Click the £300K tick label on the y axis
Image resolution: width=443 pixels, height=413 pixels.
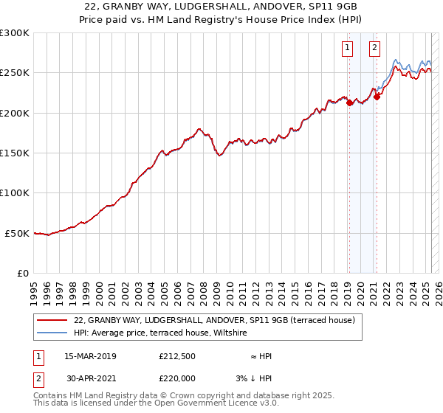[14, 33]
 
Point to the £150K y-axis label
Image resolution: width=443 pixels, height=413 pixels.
[14, 153]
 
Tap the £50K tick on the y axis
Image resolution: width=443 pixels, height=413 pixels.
[16, 233]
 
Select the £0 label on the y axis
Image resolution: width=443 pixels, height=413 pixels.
[23, 273]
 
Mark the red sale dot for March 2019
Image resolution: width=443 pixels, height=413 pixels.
[349, 103]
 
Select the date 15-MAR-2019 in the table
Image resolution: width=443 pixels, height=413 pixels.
[90, 356]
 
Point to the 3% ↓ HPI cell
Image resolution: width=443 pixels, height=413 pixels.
[255, 378]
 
